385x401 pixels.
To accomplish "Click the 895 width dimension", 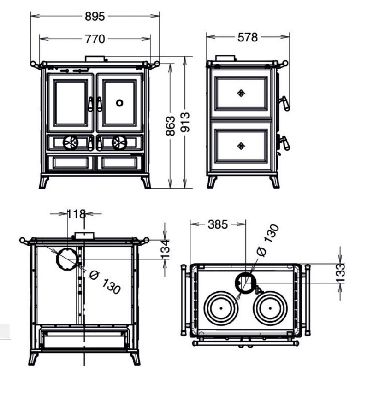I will pos(95,17).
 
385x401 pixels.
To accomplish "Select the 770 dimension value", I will pos(95,39).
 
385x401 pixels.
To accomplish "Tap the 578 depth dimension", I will pos(248,37).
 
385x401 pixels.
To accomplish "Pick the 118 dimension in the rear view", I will pos(77,214).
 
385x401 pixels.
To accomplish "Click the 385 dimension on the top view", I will pos(218,224).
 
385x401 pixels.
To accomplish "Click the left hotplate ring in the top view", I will pos(221,308).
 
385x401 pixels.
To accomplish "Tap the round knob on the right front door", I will pos(119,103).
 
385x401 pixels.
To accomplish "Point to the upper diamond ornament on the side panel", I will pos(240,93).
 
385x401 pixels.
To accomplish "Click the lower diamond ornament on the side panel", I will pos(240,146).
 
